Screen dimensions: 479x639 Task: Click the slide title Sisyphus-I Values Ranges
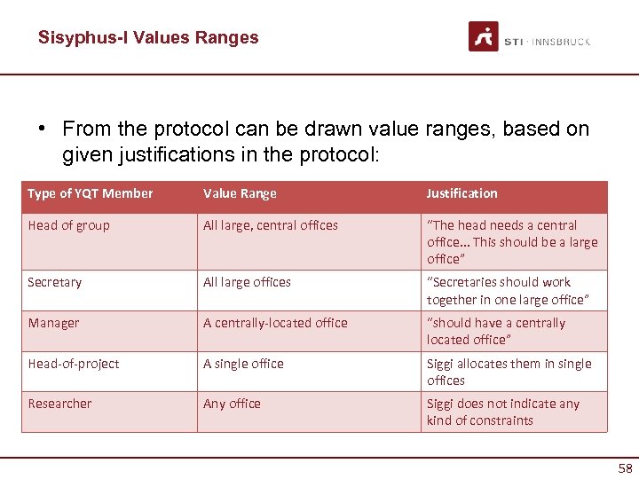coord(148,37)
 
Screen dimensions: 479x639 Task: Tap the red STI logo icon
coord(484,36)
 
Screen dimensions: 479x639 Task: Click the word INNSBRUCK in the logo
coord(562,42)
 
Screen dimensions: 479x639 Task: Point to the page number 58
coord(625,468)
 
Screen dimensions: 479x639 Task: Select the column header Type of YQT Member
coord(91,193)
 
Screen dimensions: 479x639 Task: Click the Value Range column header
coord(240,193)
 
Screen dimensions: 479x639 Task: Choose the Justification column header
coord(461,193)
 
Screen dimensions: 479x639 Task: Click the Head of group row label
coord(68,225)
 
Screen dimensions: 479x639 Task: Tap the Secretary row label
coord(54,282)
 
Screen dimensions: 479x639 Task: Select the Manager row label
coord(52,323)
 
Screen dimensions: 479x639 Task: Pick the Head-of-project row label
coord(74,364)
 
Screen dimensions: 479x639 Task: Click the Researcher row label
coord(59,404)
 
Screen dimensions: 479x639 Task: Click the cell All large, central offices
coord(271,225)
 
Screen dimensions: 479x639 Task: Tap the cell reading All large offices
coord(247,282)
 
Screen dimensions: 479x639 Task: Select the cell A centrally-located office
coord(275,323)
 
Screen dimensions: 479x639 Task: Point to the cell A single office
coord(243,364)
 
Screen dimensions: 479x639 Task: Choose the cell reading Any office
coord(232,404)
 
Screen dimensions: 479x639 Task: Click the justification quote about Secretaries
coord(508,291)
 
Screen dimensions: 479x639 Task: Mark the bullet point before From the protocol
coord(42,130)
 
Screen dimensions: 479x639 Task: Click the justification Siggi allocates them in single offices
coord(509,372)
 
